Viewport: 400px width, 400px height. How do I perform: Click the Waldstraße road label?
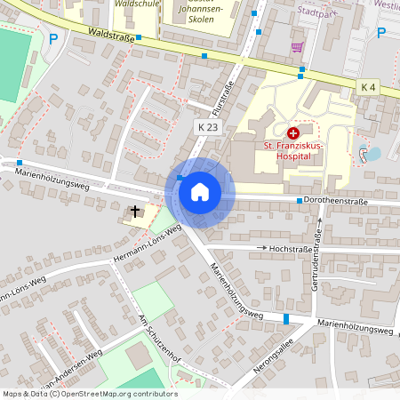coord(111,35)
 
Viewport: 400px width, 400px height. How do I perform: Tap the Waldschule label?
coord(137,4)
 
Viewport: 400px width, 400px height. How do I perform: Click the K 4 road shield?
coord(369,86)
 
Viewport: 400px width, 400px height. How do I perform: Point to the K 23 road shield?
coord(207,128)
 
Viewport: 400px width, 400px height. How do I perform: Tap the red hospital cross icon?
coord(293,132)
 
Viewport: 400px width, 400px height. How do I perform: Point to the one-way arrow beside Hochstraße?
coord(262,248)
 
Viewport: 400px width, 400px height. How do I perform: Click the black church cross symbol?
coord(135,212)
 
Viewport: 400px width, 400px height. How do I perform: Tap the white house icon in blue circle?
coord(200,191)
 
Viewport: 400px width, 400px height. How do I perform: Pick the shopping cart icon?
coord(296,47)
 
